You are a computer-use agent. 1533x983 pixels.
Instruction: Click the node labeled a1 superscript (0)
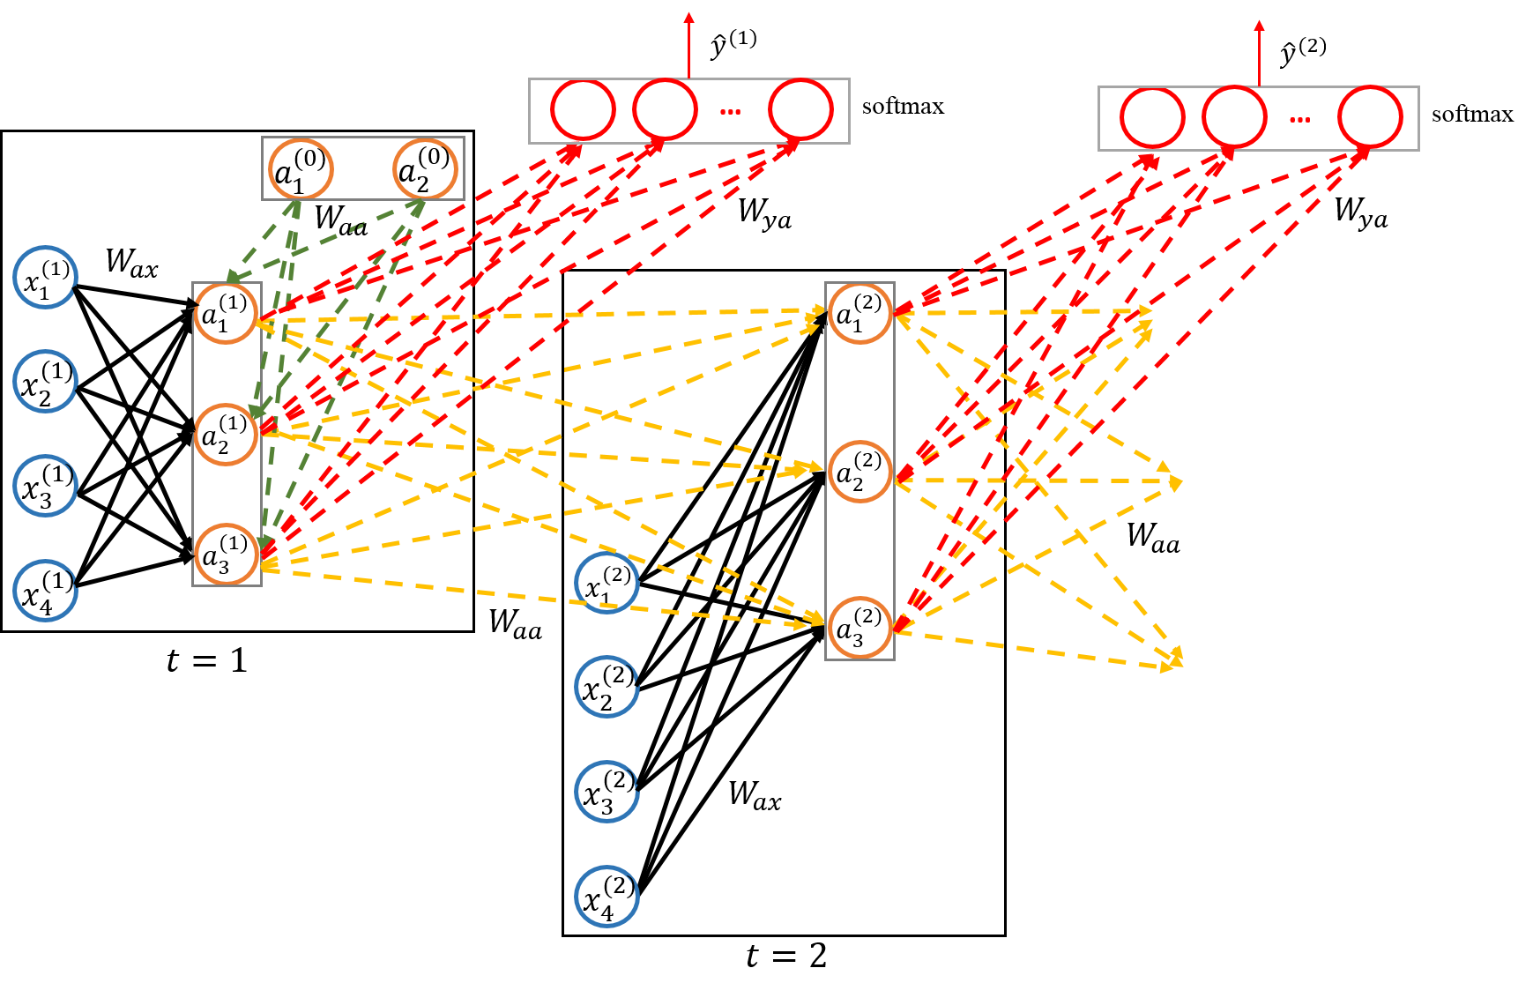pos(301,169)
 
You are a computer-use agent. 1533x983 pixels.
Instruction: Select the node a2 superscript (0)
pos(424,169)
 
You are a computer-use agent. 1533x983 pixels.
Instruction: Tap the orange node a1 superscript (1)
pos(226,313)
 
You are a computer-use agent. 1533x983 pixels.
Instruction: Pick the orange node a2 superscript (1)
pos(226,434)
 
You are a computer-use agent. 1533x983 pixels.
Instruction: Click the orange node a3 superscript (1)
pos(226,555)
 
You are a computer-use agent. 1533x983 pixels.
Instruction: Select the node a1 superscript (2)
pos(860,313)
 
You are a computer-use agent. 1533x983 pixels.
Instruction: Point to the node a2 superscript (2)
pos(860,472)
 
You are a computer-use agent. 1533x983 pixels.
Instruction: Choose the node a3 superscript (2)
pos(860,628)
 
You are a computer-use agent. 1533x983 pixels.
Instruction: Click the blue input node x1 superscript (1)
pos(46,278)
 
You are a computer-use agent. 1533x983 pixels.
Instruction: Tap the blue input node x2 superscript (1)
pos(46,382)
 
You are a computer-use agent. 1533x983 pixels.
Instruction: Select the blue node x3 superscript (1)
pos(46,486)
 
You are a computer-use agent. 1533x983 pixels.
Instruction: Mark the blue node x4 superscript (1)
pos(46,591)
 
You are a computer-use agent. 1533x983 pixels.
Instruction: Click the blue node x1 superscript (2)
pos(607,584)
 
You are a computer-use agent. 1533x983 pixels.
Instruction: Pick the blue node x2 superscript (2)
pos(607,687)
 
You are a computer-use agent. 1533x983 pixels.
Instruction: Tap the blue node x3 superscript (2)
pos(607,792)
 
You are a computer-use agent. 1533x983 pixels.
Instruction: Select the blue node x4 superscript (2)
pos(607,897)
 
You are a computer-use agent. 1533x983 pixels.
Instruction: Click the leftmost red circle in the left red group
pos(583,110)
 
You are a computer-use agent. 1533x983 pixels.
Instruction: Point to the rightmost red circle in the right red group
pos(1370,117)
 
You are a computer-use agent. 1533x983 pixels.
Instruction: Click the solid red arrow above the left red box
pos(688,44)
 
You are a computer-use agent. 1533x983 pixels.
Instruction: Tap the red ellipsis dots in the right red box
pos(1299,119)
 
